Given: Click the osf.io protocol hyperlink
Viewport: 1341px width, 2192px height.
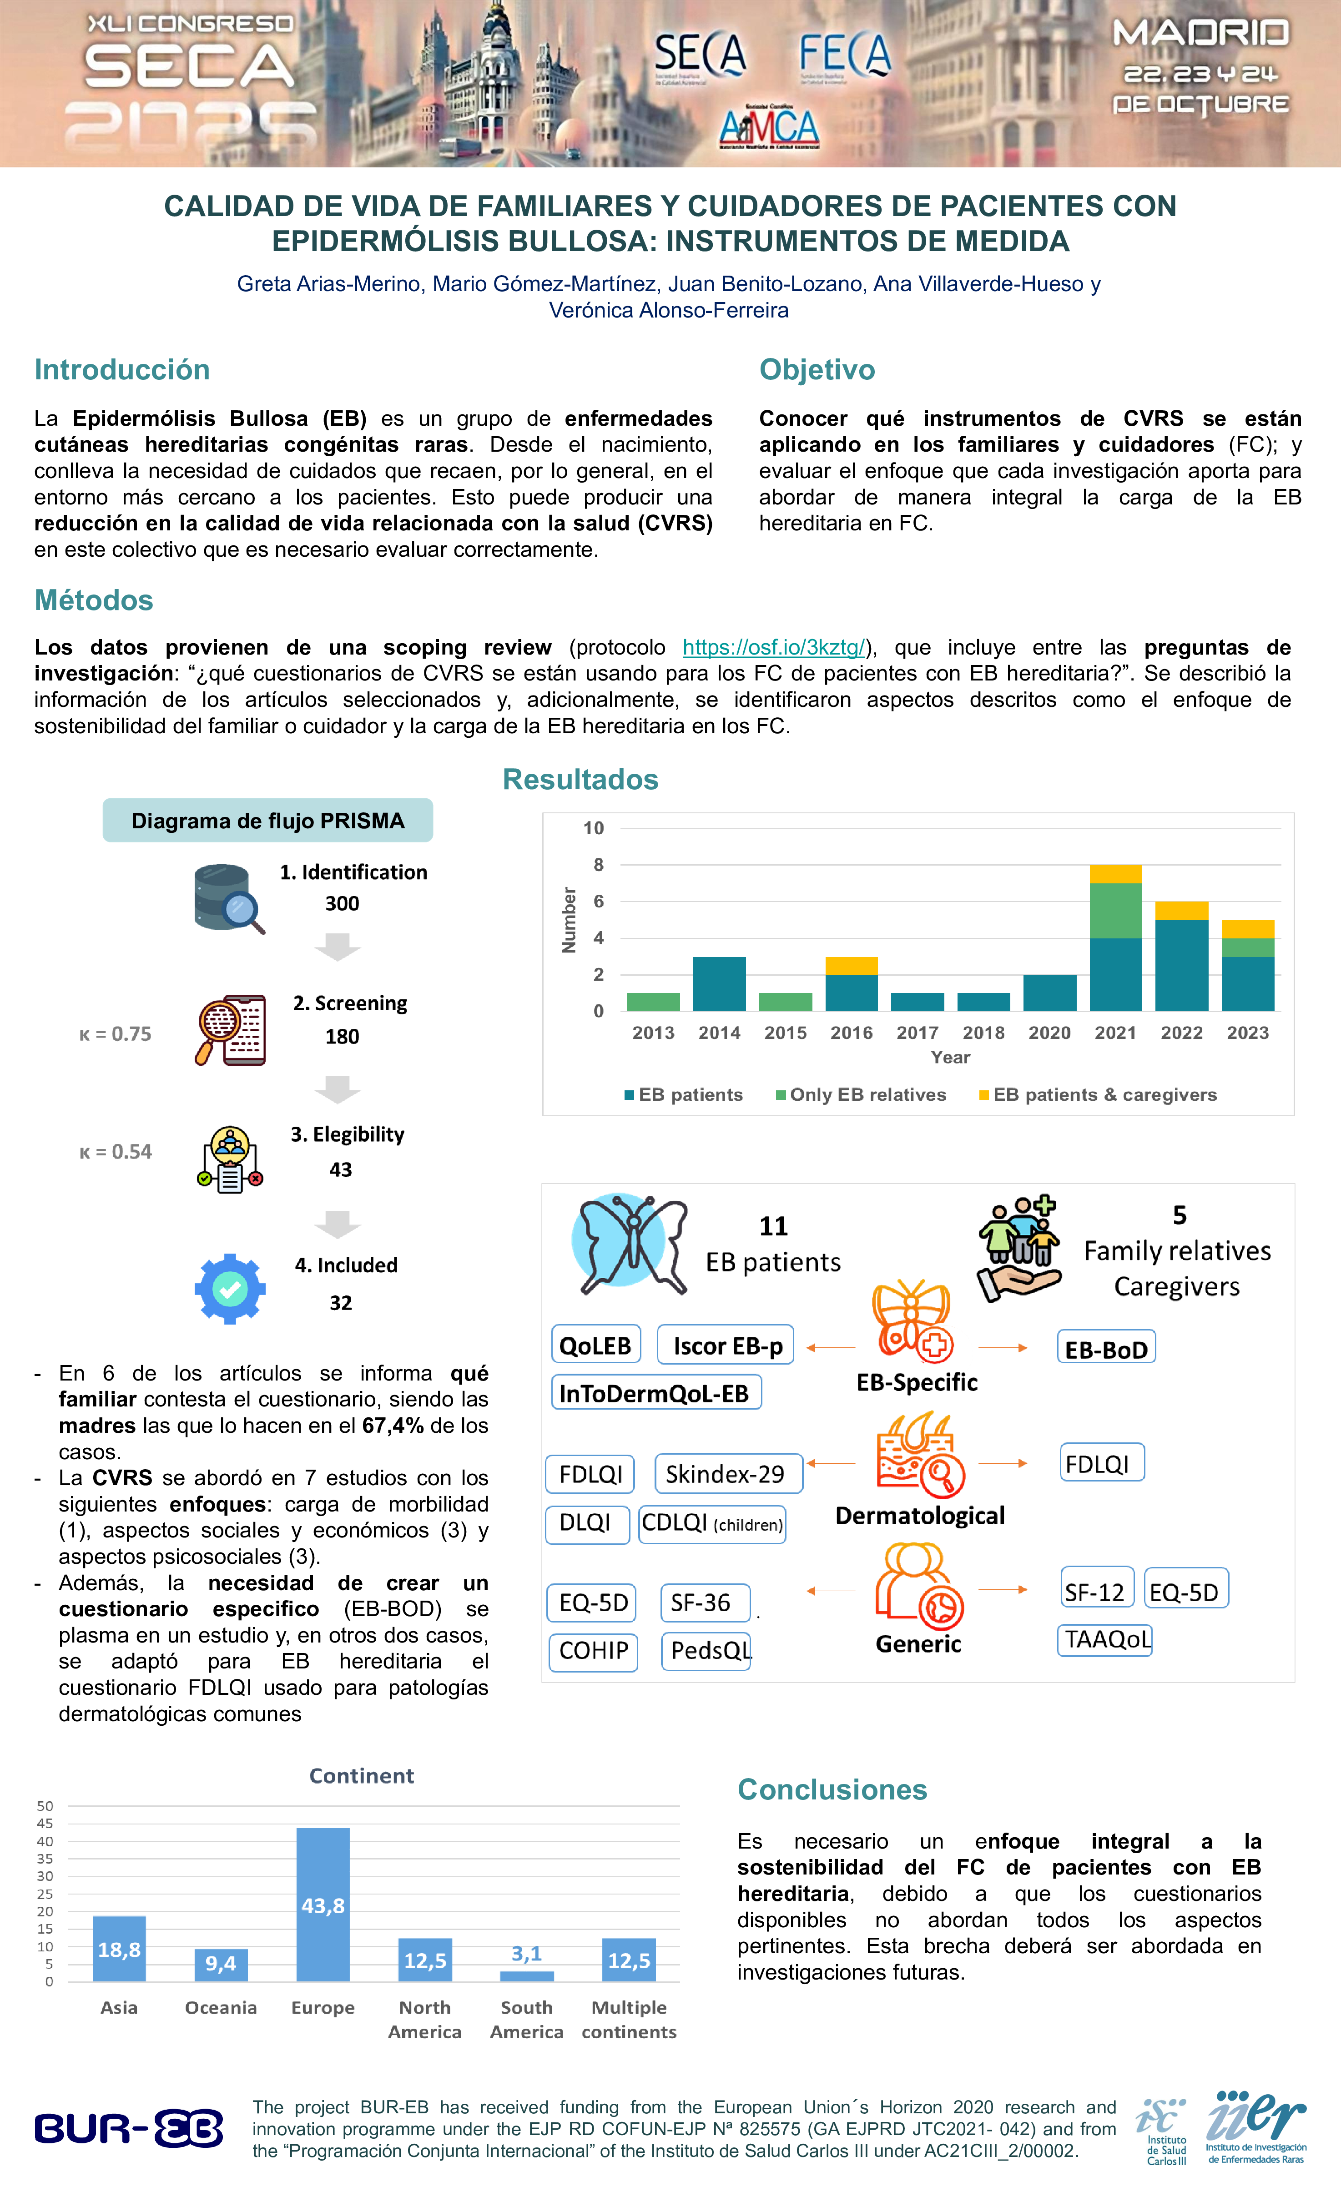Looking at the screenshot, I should coord(773,648).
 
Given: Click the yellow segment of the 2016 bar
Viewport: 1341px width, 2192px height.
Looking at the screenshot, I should coord(852,966).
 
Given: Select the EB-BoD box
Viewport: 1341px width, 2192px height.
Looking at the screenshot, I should coord(1106,1350).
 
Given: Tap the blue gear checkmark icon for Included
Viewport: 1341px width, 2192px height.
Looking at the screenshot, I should coord(230,1288).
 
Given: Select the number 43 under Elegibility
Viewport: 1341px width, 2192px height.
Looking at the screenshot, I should coord(341,1170).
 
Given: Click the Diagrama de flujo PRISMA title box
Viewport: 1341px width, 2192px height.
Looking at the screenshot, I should coord(268,820).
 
